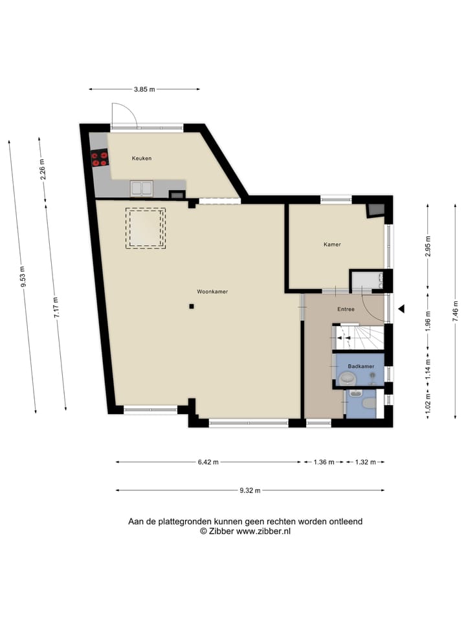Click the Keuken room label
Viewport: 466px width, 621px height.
point(142,158)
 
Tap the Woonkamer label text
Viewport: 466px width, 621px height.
point(212,292)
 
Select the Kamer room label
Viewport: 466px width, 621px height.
point(332,245)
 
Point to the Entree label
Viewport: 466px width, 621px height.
point(346,309)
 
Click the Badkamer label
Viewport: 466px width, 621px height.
point(361,366)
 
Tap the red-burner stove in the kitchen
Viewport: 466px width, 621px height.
point(100,159)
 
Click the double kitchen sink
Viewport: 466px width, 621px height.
point(142,188)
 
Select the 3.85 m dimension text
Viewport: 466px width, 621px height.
point(144,89)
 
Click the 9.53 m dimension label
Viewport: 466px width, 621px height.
point(23,276)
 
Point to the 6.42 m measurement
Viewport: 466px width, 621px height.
point(208,462)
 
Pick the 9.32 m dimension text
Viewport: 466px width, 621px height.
point(250,491)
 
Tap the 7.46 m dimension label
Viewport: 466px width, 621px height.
point(455,311)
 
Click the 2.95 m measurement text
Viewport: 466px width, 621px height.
point(428,246)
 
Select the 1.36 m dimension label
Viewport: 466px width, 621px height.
point(324,462)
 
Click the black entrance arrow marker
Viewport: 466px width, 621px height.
point(401,309)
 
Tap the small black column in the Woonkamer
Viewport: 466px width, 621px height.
point(192,306)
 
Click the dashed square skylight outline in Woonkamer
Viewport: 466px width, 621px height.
point(146,228)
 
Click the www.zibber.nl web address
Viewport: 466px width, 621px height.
point(263,532)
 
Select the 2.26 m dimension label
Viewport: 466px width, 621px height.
point(43,169)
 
